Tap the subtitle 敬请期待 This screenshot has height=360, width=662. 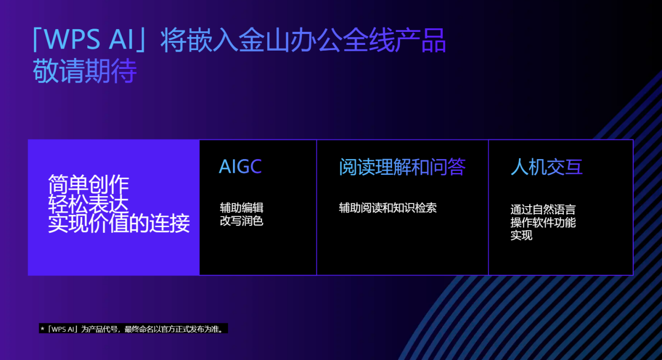click(85, 71)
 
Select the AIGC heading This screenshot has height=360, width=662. click(240, 166)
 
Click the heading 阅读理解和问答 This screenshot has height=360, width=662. click(402, 167)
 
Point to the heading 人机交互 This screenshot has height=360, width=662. click(546, 167)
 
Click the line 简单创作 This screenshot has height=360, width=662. click(88, 184)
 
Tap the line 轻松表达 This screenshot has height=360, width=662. click(88, 204)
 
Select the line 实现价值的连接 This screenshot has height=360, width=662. click(119, 224)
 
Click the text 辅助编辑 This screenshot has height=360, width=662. click(241, 208)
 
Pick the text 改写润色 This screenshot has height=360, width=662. click(241, 221)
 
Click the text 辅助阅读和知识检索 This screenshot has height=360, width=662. click(387, 208)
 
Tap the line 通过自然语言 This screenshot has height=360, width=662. click(543, 210)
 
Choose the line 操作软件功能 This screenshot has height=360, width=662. click(543, 223)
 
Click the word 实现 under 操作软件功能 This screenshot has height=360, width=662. click(521, 235)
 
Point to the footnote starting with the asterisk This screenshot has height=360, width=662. click(134, 329)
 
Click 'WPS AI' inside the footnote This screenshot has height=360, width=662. click(62, 329)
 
